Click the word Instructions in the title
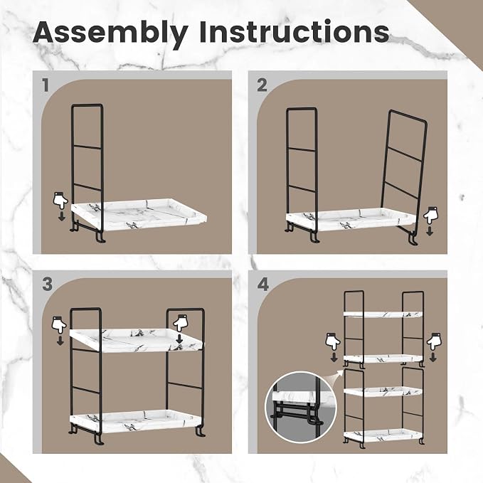point(294,31)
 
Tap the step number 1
point(46,85)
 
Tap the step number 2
point(262,85)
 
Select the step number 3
point(47,284)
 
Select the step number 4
point(262,285)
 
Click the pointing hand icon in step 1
point(60,201)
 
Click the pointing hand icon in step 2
point(431,216)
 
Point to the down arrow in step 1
point(62,216)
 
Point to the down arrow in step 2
point(430,231)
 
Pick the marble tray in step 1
point(139,214)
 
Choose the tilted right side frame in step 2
point(403,176)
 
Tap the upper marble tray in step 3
point(136,341)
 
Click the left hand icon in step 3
point(59,324)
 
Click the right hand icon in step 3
point(181,324)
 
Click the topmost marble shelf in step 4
point(383,315)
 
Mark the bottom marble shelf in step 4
point(383,435)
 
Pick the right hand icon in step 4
point(434,341)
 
